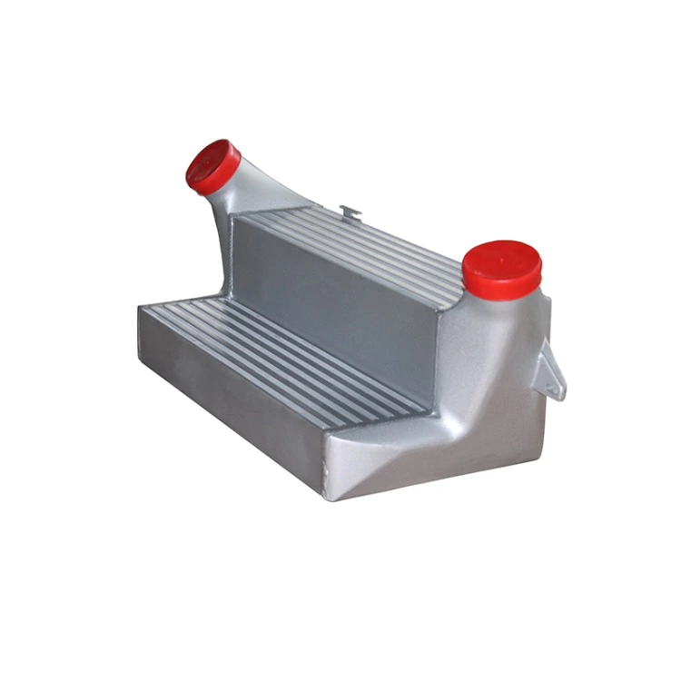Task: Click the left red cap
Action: [213, 165]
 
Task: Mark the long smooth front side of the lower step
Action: [227, 400]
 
